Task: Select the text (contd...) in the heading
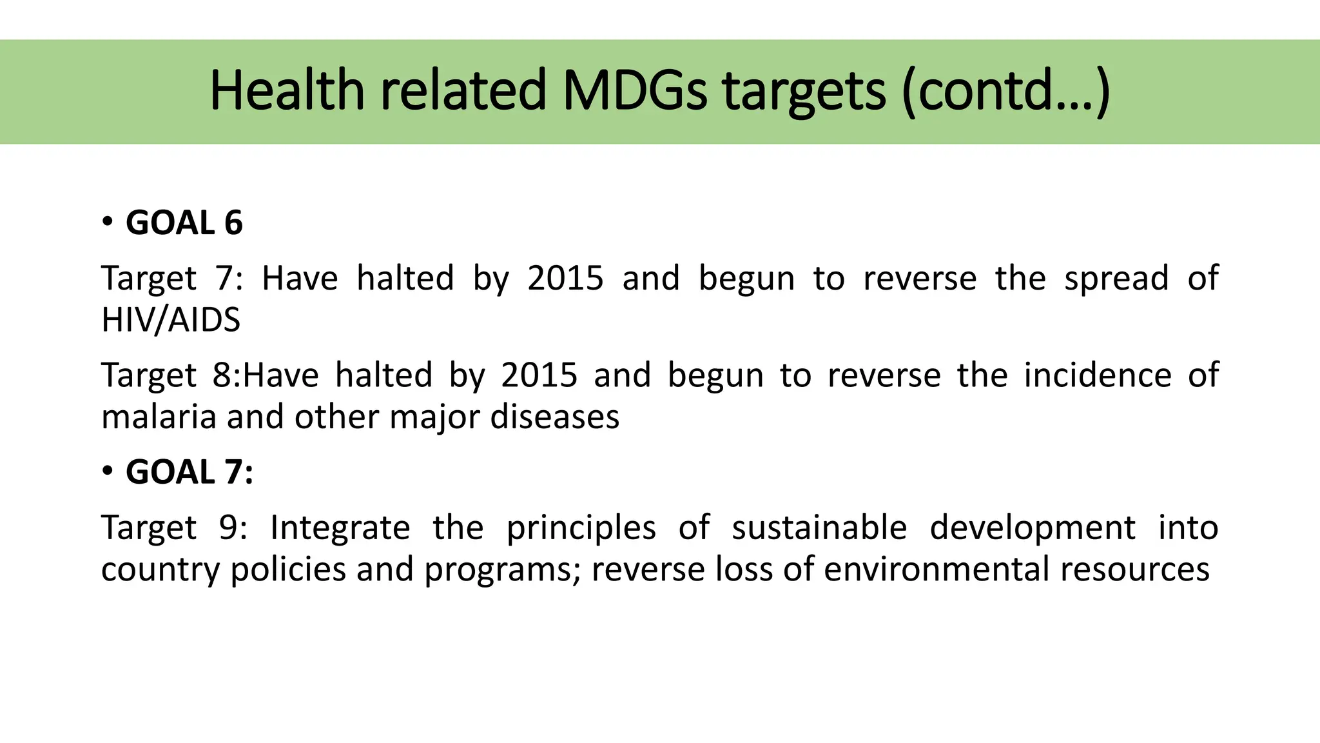coord(1005,92)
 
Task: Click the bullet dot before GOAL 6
coord(108,222)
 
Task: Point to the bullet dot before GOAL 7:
coord(108,471)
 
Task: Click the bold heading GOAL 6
coord(184,223)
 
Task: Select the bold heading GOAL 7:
coord(189,472)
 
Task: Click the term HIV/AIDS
coord(171,320)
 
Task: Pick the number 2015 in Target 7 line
coord(565,279)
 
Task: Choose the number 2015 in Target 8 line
coord(539,375)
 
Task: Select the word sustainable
coord(819,528)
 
